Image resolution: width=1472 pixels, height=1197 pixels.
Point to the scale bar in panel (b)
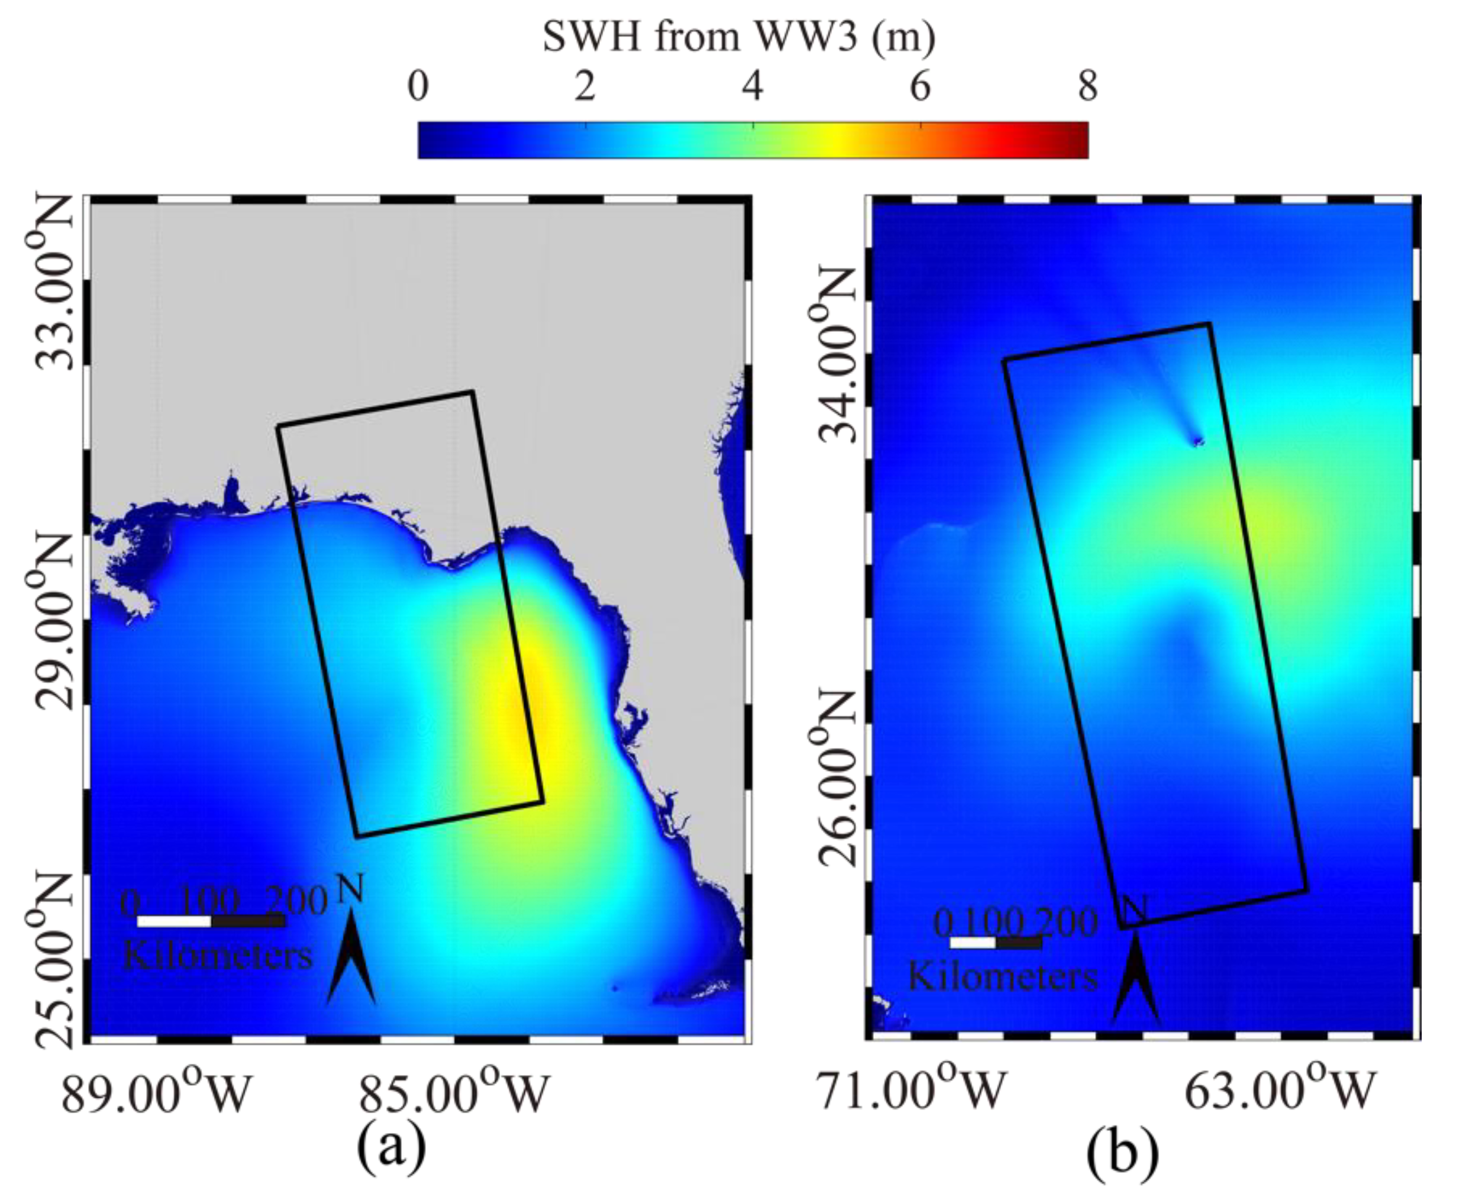pos(995,943)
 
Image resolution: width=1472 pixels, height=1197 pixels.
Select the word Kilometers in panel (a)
pos(217,956)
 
